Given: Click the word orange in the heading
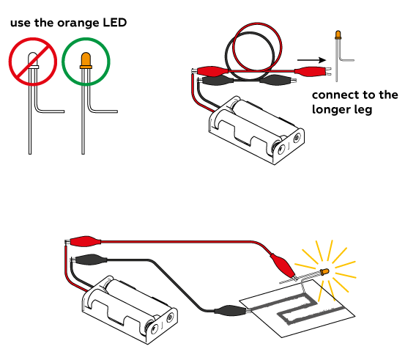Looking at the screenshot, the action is [78, 23].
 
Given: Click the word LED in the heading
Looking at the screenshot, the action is [114, 22].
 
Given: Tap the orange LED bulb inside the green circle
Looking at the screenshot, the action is [86, 60].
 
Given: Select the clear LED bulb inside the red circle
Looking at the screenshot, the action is [33, 60].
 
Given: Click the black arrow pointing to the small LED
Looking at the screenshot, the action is [311, 60].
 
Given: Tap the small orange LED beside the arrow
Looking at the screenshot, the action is [338, 35].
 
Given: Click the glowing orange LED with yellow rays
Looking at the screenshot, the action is [324, 271].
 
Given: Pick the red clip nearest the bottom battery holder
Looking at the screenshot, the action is [83, 241].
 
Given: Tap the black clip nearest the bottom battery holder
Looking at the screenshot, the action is [89, 260].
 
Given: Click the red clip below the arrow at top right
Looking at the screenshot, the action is [313, 71].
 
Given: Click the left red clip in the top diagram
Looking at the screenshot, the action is [211, 71].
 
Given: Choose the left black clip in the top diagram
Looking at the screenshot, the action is [216, 80].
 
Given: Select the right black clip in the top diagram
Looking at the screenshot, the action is [278, 79].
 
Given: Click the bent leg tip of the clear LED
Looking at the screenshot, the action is [64, 111].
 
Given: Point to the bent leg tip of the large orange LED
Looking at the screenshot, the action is [116, 111].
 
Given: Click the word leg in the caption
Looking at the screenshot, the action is [365, 110].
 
